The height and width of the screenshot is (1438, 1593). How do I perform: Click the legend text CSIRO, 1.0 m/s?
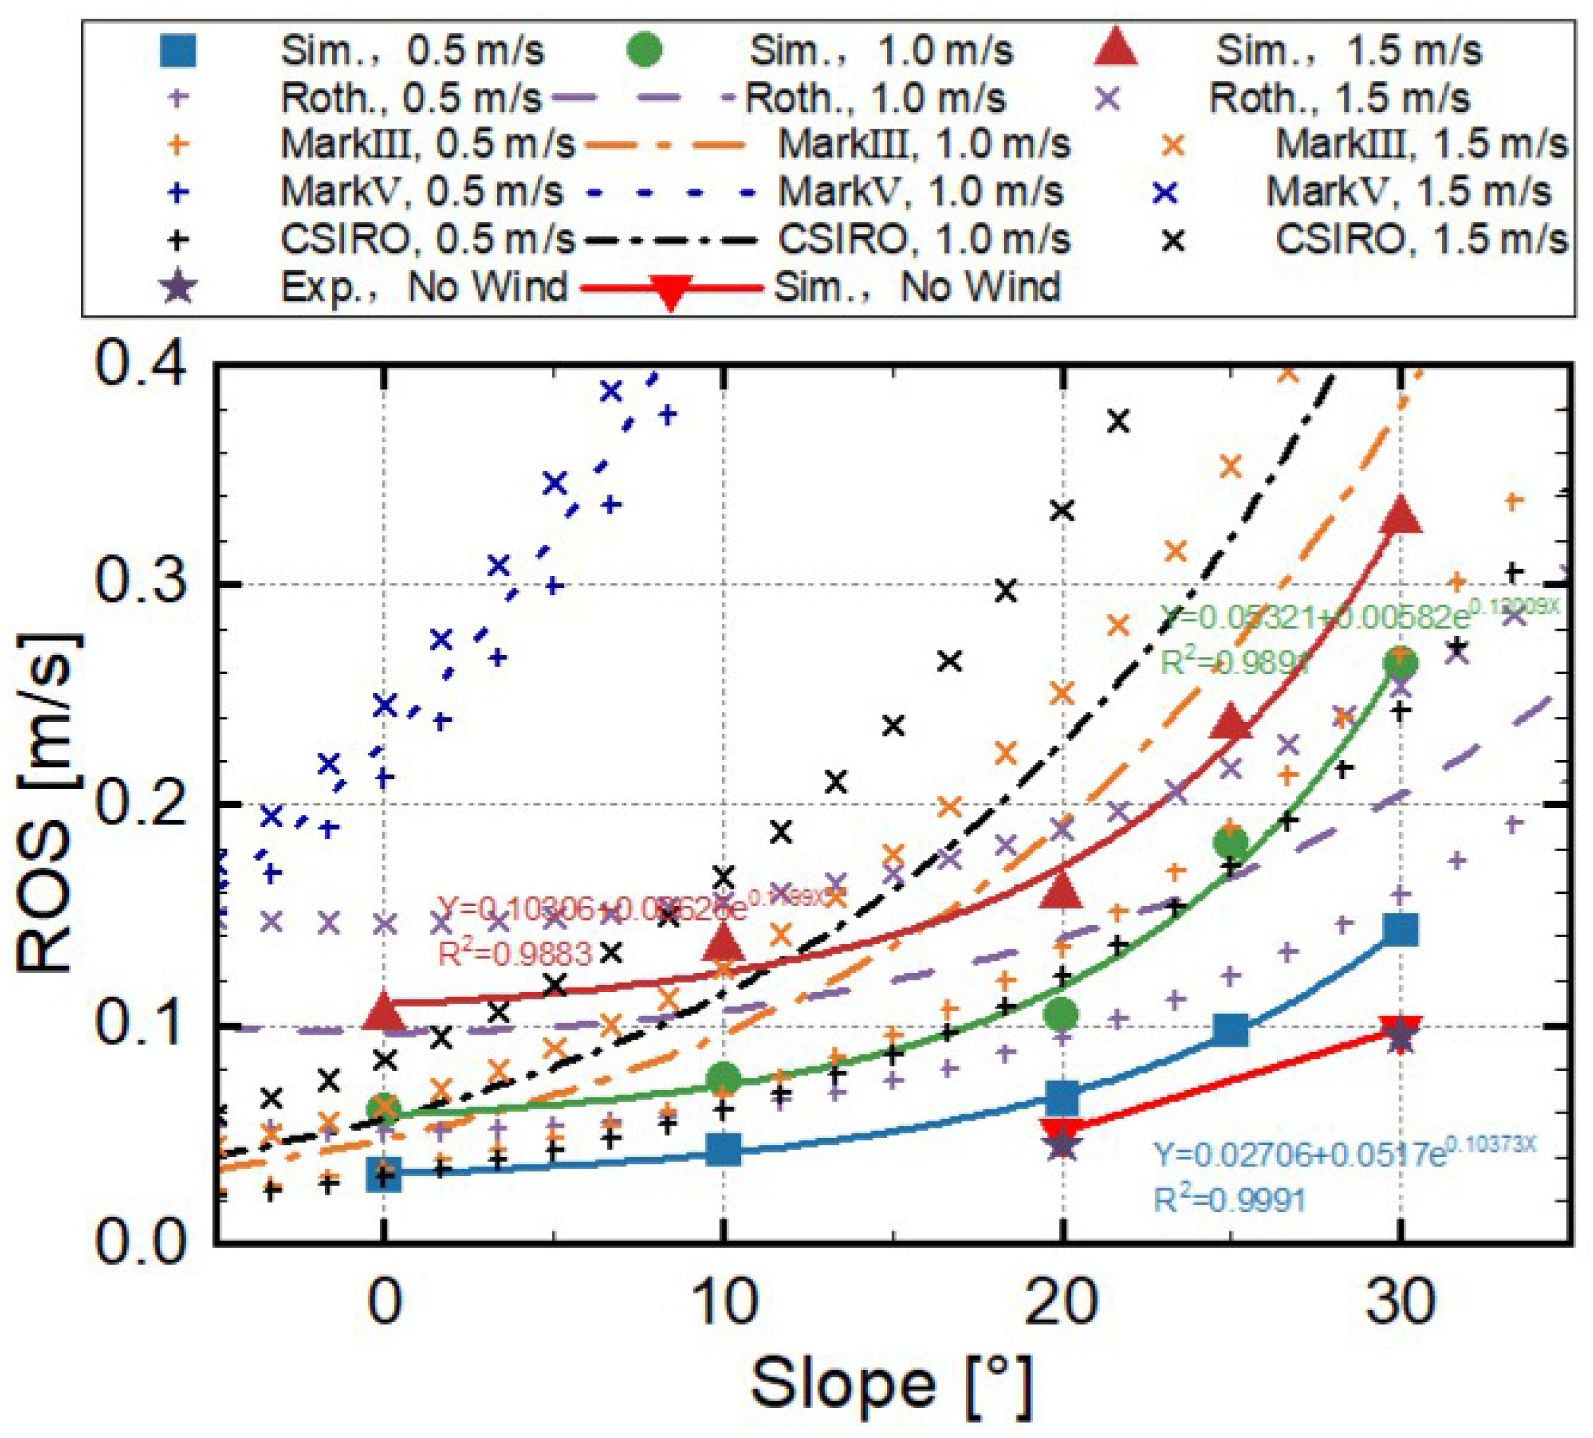[x=924, y=240]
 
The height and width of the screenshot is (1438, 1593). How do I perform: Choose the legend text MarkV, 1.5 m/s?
[x=1409, y=192]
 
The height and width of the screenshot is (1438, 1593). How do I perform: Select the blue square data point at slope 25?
[x=1230, y=1030]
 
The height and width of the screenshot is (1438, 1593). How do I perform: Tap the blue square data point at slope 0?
[x=384, y=1175]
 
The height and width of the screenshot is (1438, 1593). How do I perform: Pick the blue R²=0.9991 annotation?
[x=1230, y=1200]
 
